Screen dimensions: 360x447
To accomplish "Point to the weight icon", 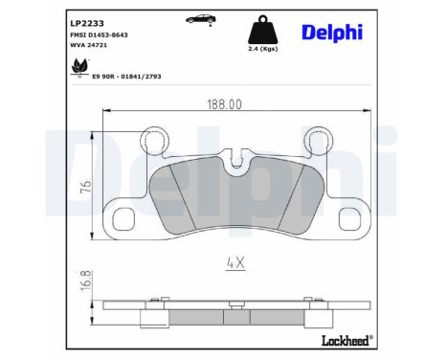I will click(x=261, y=28).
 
